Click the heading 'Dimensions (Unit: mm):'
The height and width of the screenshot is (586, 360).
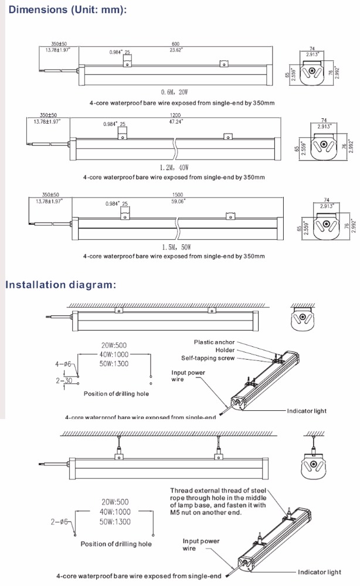tap(65, 9)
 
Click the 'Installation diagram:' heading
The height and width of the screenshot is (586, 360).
tap(61, 285)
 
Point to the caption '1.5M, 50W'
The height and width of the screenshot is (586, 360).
tap(176, 247)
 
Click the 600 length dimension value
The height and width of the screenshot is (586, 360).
tap(175, 45)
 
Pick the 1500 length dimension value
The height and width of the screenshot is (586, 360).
tap(178, 194)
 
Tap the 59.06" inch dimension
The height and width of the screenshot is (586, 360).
tap(178, 200)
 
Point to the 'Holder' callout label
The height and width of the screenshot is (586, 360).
tap(225, 350)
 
